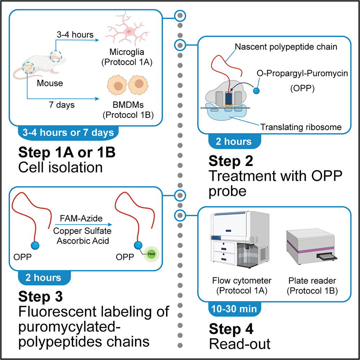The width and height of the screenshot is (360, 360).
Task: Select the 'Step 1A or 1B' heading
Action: [x=67, y=153]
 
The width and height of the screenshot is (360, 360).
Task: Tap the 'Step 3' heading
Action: [x=40, y=297]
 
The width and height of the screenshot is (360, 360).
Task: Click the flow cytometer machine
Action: [x=239, y=246]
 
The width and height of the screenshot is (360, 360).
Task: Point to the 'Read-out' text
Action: [x=240, y=343]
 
